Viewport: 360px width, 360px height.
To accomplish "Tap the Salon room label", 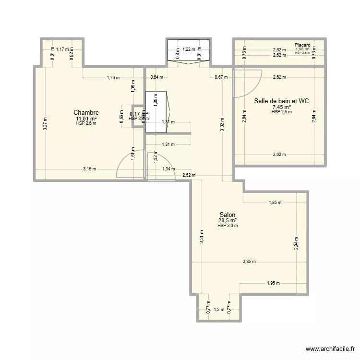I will coord(228,215).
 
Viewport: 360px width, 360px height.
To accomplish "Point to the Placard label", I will coord(302,45).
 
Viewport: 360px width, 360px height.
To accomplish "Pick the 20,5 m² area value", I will coord(228,220).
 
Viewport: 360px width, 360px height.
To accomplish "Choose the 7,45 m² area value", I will coord(281,107).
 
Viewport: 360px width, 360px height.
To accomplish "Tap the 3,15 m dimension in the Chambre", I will coord(90,169).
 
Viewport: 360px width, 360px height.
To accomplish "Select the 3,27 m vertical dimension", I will coord(45,124).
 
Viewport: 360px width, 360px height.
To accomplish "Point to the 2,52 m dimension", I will coord(189,175).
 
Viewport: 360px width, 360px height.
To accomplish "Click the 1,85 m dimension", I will coord(275,203).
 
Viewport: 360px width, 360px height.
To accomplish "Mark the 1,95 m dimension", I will coord(274,283).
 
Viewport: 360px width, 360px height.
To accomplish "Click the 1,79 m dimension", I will coord(113,77).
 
